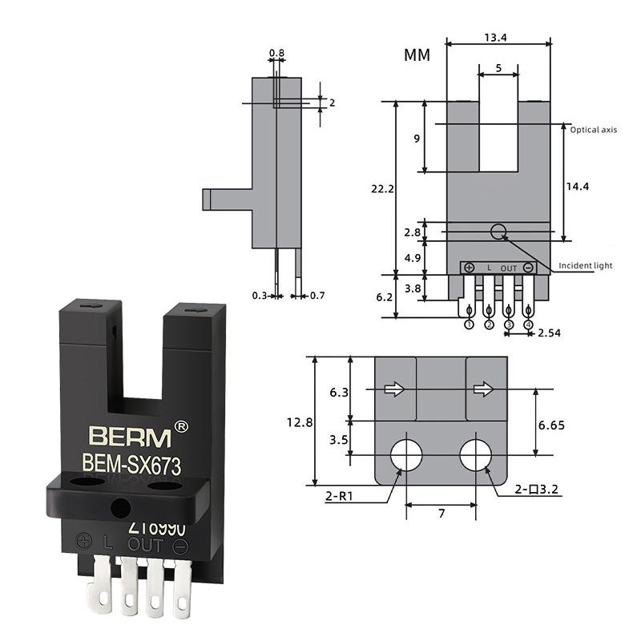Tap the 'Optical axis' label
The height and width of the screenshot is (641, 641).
593,129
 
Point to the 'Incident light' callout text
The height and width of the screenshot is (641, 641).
586,266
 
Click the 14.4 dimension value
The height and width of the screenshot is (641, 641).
577,186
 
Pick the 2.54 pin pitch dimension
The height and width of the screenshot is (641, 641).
550,332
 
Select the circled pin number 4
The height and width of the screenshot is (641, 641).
528,325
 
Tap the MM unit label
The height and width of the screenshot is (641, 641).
417,55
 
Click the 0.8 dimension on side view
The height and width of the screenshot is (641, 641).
276,54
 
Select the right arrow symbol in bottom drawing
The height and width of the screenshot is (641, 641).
483,389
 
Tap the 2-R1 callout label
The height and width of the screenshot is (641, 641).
341,498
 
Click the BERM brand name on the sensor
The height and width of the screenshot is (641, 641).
130,437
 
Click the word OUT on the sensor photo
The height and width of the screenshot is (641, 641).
145,546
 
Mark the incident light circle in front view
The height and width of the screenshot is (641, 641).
498,232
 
